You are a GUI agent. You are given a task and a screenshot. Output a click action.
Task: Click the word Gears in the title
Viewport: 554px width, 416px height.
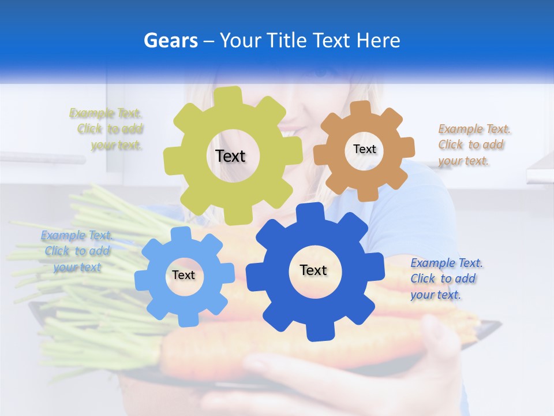click(171, 40)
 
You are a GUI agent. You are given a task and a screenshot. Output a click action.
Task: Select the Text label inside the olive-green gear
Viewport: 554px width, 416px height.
click(230, 156)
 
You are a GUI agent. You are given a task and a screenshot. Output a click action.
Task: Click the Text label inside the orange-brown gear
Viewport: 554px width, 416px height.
click(364, 149)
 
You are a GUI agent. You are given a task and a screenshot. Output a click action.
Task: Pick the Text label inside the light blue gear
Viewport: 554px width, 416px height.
click(184, 276)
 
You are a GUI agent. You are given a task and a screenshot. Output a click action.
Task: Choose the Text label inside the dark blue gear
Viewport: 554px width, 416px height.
click(313, 270)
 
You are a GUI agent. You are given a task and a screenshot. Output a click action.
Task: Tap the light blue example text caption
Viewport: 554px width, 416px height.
click(77, 251)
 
